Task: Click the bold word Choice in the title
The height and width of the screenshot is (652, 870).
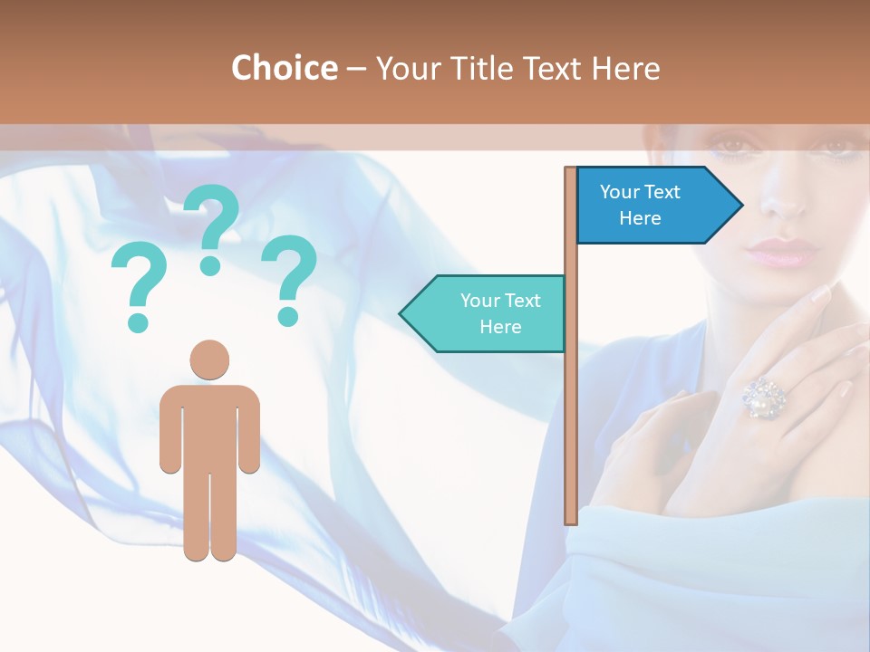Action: click(284, 68)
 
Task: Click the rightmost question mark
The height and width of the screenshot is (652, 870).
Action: click(289, 279)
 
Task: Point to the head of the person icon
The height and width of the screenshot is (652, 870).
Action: click(209, 360)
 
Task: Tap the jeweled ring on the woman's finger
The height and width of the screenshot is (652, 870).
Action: click(764, 398)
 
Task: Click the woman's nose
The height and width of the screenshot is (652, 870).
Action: click(781, 199)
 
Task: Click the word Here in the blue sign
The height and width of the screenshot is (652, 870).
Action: click(640, 218)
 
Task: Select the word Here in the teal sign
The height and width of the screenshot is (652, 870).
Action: click(500, 327)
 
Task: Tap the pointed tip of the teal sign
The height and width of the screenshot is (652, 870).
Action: click(402, 313)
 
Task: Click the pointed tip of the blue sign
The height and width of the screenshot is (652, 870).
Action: click(740, 206)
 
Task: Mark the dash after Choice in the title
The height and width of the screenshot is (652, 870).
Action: click(356, 68)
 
